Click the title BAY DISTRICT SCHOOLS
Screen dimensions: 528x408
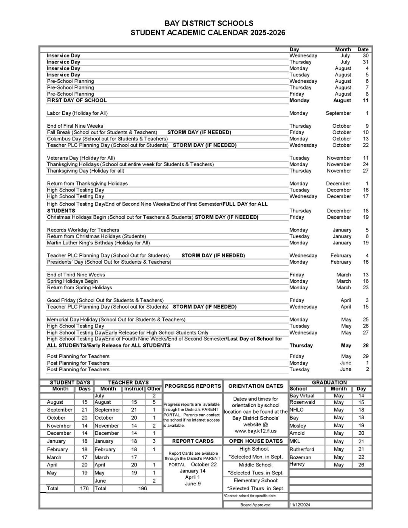point(209,23)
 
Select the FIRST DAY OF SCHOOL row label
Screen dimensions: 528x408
point(77,100)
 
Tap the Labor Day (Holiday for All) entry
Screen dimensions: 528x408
point(77,113)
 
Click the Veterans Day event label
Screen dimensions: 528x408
point(81,158)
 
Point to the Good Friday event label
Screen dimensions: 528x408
point(105,300)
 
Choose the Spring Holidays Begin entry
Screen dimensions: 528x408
point(72,281)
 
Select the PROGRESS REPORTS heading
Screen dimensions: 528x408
point(193,386)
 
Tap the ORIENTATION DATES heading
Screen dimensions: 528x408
point(255,386)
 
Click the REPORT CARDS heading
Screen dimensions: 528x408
point(193,441)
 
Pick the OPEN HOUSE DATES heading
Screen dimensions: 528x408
point(256,441)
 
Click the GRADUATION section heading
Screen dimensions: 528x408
point(329,382)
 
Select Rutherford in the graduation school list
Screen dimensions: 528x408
point(302,449)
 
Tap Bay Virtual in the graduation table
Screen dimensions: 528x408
point(302,396)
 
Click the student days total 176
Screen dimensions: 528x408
point(84,488)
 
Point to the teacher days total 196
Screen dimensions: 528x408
point(142,488)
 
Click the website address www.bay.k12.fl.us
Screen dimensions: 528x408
point(255,431)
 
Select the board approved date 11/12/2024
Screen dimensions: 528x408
point(300,505)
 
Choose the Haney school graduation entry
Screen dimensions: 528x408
point(297,464)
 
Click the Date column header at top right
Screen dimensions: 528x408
point(363,49)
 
